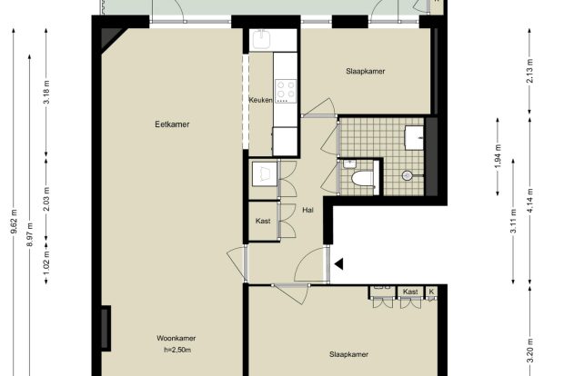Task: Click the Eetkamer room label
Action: click(172, 124)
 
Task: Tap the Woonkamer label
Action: click(176, 338)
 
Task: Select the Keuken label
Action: click(260, 100)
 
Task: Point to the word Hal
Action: click(307, 210)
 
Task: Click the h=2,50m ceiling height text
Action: click(177, 350)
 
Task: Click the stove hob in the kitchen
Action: click(286, 91)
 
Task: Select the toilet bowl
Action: click(362, 179)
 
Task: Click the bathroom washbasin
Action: click(415, 137)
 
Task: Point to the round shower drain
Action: click(407, 175)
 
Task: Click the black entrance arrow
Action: click(338, 264)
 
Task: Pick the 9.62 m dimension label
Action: click(14, 222)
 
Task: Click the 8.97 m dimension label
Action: click(30, 235)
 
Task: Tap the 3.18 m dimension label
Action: click(46, 93)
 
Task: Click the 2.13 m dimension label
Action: click(529, 71)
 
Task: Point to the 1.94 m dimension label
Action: click(498, 156)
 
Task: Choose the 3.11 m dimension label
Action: click(514, 222)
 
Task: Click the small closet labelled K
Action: click(431, 292)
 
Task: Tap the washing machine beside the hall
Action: click(265, 173)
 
